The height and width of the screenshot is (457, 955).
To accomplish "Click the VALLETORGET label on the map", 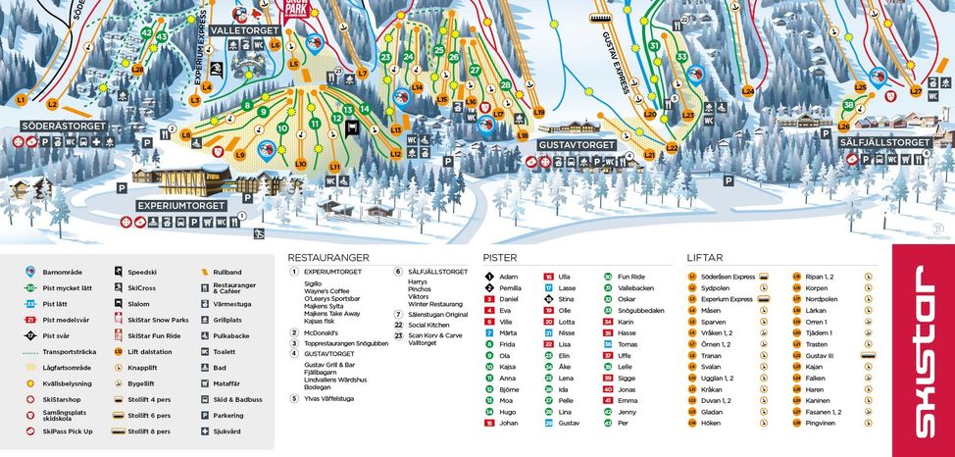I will tap(245, 31).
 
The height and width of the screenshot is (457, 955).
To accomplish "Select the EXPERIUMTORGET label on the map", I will tap(180, 206).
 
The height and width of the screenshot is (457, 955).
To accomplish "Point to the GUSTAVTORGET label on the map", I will tap(577, 145).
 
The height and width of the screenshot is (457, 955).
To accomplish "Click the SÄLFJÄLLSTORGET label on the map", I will tap(884, 143).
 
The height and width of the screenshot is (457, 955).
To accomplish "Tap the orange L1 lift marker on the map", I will tap(21, 100).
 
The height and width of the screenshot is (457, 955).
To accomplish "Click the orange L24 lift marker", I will tap(748, 91).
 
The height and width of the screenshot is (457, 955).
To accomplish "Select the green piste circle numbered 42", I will tap(147, 33).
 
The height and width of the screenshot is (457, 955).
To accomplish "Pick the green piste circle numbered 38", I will tap(848, 105).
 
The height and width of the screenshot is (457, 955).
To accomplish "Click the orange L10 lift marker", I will tap(300, 164).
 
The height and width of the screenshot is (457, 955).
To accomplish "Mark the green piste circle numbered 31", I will tap(654, 45).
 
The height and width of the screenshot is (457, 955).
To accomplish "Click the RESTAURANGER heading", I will tap(330, 258).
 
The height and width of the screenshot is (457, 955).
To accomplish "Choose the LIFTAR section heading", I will tap(705, 258).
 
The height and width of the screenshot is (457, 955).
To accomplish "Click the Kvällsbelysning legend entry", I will tap(70, 383).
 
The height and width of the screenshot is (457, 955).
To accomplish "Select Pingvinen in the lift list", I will tap(820, 423).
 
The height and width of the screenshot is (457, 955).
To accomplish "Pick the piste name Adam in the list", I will tap(508, 277).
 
